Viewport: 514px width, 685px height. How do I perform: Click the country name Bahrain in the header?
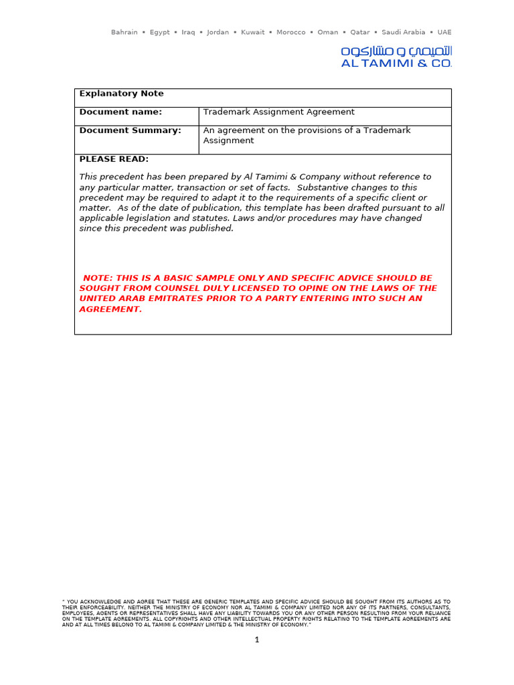[x=124, y=32]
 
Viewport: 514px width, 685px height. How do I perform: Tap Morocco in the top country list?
[x=290, y=32]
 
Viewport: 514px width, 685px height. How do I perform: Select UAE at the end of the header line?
[x=444, y=32]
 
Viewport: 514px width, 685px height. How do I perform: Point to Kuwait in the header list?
[x=253, y=32]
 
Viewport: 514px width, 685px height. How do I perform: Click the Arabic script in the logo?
[x=396, y=52]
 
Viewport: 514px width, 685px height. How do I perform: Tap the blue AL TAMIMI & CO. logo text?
[x=396, y=64]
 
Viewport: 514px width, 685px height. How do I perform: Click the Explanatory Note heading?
[x=121, y=94]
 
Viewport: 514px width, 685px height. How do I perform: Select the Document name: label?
[x=120, y=112]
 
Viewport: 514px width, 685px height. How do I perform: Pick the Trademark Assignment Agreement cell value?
[x=278, y=112]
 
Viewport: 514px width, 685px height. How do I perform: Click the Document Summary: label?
[x=130, y=130]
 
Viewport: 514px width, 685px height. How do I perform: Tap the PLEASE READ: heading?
[x=114, y=159]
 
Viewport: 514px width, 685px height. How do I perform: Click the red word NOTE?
[x=98, y=278]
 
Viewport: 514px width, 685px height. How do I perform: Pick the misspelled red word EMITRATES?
[x=161, y=299]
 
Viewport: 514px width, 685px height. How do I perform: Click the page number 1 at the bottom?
[x=256, y=640]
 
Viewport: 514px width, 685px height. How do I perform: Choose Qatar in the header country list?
[x=359, y=32]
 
